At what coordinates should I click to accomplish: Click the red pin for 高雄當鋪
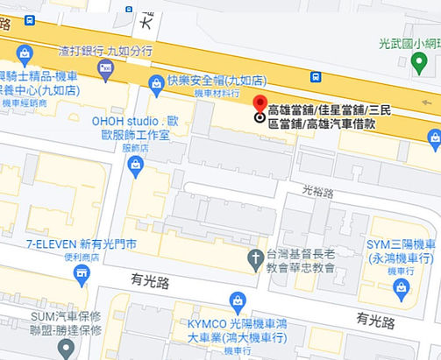[x=260, y=102]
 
